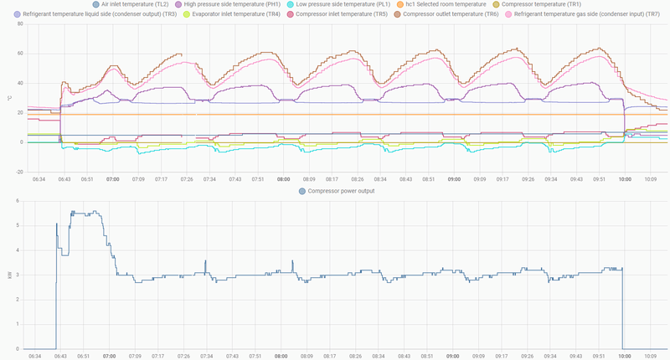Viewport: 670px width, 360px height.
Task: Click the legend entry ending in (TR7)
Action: (577, 15)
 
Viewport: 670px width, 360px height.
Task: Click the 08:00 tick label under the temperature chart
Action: (284, 179)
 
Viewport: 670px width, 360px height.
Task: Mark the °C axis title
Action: (9, 98)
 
